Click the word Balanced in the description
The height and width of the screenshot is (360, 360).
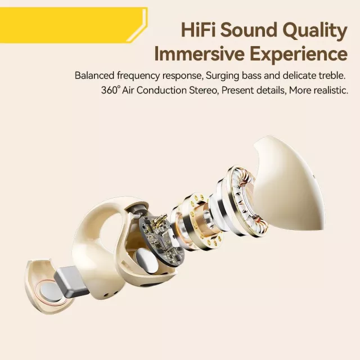pos(94,75)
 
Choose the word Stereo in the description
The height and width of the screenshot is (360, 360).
pos(204,90)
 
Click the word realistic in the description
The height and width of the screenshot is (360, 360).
pos(331,90)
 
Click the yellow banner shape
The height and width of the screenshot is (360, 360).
pos(74,25)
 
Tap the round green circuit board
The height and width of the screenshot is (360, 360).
pos(162,241)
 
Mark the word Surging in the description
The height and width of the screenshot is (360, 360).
pos(222,76)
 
